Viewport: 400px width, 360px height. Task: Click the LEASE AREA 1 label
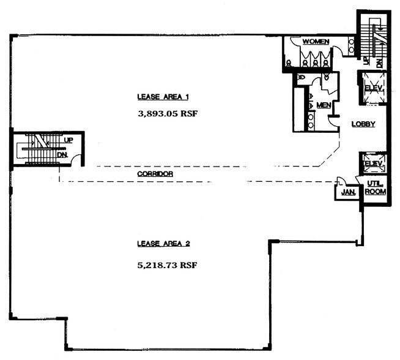pos(163,96)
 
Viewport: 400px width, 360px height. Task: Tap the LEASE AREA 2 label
pos(163,244)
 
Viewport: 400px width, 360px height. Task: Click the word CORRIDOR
pos(155,174)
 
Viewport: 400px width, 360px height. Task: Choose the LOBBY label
pos(363,124)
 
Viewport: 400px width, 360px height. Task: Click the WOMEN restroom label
pos(316,42)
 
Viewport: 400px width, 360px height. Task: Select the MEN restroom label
pos(324,105)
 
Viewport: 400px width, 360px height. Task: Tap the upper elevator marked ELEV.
pos(373,88)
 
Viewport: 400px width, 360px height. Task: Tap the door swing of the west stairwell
pos(77,160)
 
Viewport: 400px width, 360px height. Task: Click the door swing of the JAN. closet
pos(341,181)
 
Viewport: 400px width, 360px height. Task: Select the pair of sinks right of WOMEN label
pos(351,44)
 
